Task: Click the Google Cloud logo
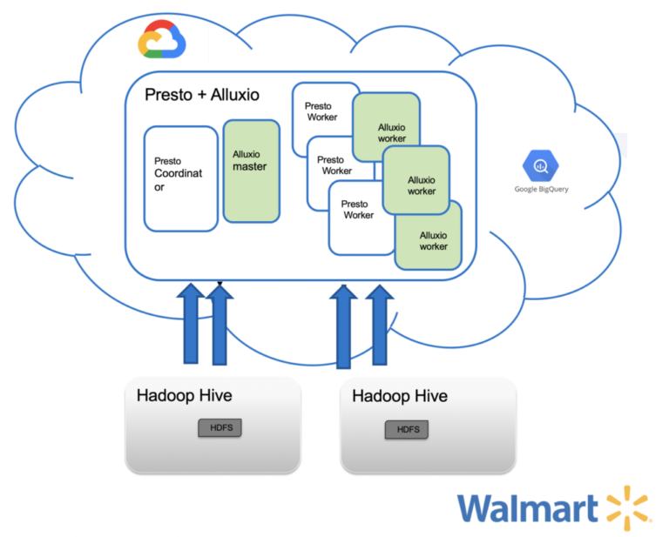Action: click(162, 41)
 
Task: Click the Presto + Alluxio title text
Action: click(201, 95)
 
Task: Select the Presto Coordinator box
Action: click(180, 178)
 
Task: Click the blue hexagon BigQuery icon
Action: click(540, 164)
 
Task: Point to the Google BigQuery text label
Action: click(540, 189)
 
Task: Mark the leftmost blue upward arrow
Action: click(193, 323)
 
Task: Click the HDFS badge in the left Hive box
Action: click(220, 427)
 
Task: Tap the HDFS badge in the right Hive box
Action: click(407, 430)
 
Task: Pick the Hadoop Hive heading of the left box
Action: click(184, 396)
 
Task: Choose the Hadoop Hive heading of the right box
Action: click(400, 396)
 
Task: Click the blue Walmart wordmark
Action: click(529, 508)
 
